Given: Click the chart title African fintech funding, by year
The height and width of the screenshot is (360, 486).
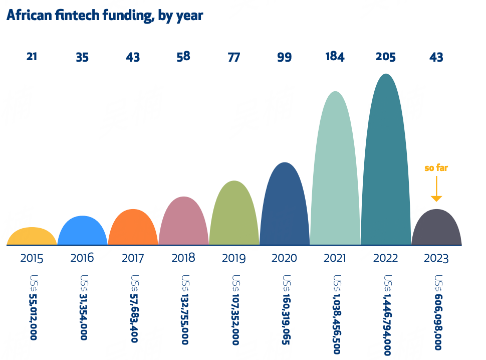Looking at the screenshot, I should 105,16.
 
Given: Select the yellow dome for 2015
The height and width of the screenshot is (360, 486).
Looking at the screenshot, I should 32,237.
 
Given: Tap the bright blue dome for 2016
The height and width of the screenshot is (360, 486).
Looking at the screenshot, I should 82,232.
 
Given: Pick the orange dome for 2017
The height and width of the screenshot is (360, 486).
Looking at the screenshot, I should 133,229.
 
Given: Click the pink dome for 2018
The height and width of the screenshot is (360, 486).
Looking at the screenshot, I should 183,222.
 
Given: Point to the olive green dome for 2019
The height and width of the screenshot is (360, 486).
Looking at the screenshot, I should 234,215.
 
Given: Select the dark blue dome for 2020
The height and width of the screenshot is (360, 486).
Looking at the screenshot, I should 285,206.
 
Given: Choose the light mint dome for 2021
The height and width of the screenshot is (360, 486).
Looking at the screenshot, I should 335,170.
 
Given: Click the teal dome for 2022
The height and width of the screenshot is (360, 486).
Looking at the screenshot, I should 386,160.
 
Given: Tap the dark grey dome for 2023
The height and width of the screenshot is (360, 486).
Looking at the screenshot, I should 436,229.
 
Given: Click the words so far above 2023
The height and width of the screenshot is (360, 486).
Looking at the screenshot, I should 436,168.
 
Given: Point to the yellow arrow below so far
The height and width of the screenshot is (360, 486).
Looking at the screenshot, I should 436,190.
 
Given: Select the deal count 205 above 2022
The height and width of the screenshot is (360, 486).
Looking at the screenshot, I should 386,57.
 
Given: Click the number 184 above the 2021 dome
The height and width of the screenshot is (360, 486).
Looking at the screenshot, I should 335,57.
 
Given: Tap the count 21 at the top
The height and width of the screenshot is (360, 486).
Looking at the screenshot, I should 32,57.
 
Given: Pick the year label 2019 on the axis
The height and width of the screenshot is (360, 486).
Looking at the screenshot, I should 234,259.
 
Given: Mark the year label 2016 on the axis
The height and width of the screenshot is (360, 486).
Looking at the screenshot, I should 82,259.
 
